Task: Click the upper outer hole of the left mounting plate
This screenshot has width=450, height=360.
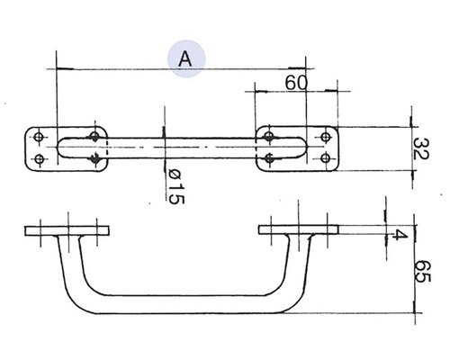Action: click(39, 136)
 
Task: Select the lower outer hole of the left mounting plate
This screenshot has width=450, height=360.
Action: click(39, 159)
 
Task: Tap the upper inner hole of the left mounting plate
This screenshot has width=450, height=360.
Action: click(95, 136)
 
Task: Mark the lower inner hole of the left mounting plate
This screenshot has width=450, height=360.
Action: click(95, 159)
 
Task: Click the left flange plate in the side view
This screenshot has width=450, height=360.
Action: click(68, 231)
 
